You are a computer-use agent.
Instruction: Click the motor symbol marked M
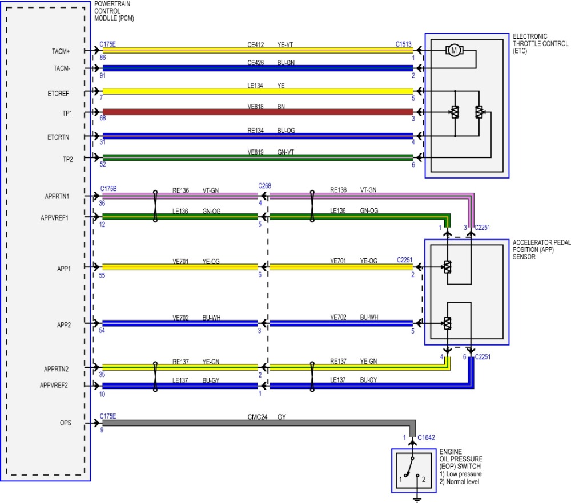(455, 50)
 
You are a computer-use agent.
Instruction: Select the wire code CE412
(256, 43)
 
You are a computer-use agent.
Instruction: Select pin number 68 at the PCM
(103, 119)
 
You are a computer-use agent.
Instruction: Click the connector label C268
(264, 186)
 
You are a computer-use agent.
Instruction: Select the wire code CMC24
(256, 417)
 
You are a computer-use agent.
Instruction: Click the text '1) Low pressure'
(460, 474)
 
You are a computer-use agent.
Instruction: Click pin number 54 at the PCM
(103, 331)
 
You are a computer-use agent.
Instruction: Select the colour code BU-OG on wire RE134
(287, 131)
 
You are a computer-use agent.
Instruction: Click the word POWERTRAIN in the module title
(114, 5)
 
